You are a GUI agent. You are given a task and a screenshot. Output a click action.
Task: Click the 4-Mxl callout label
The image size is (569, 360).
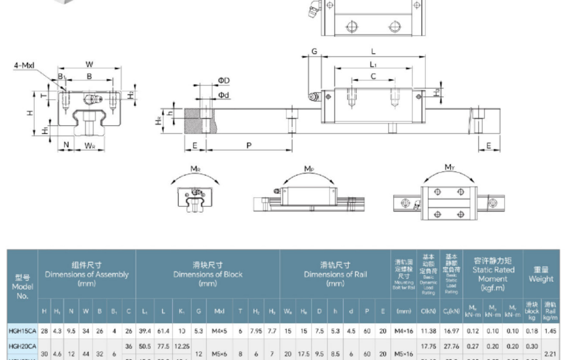(24, 66)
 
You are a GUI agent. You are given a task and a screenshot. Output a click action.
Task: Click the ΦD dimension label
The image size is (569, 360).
(224, 81)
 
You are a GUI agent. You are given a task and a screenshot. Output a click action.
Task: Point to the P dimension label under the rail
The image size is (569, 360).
(249, 145)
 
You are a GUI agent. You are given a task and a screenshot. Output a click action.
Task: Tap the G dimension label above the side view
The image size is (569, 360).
(314, 51)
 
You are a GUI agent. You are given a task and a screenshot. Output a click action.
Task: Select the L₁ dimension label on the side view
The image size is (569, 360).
(373, 64)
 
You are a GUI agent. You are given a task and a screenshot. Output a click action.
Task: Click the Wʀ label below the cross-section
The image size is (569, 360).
(90, 146)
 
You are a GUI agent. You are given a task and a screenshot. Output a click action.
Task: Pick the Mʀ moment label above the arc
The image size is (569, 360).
(195, 169)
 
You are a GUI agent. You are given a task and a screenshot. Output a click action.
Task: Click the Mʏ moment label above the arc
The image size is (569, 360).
(449, 167)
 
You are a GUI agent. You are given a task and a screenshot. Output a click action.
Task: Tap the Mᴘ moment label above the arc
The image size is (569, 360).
(309, 168)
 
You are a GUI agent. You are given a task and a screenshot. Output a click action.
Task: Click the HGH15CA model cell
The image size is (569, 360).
(22, 331)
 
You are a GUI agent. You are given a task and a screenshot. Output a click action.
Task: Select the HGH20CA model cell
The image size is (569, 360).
(22, 346)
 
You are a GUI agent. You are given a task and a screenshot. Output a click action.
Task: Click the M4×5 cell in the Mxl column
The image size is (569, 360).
(219, 331)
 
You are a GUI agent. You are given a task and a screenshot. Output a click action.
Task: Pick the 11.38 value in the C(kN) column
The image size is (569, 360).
(428, 331)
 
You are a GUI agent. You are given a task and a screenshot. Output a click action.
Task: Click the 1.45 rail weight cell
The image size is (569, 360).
(550, 331)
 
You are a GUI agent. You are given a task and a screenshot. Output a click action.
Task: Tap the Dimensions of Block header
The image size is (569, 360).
(207, 274)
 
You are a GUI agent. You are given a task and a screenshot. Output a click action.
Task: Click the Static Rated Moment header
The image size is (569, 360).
(493, 274)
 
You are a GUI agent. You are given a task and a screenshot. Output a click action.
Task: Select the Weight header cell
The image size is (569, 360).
(541, 274)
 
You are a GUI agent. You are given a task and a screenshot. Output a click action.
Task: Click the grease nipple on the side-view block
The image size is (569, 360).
(314, 96)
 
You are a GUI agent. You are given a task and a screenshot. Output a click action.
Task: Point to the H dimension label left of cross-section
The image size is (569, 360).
(30, 113)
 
